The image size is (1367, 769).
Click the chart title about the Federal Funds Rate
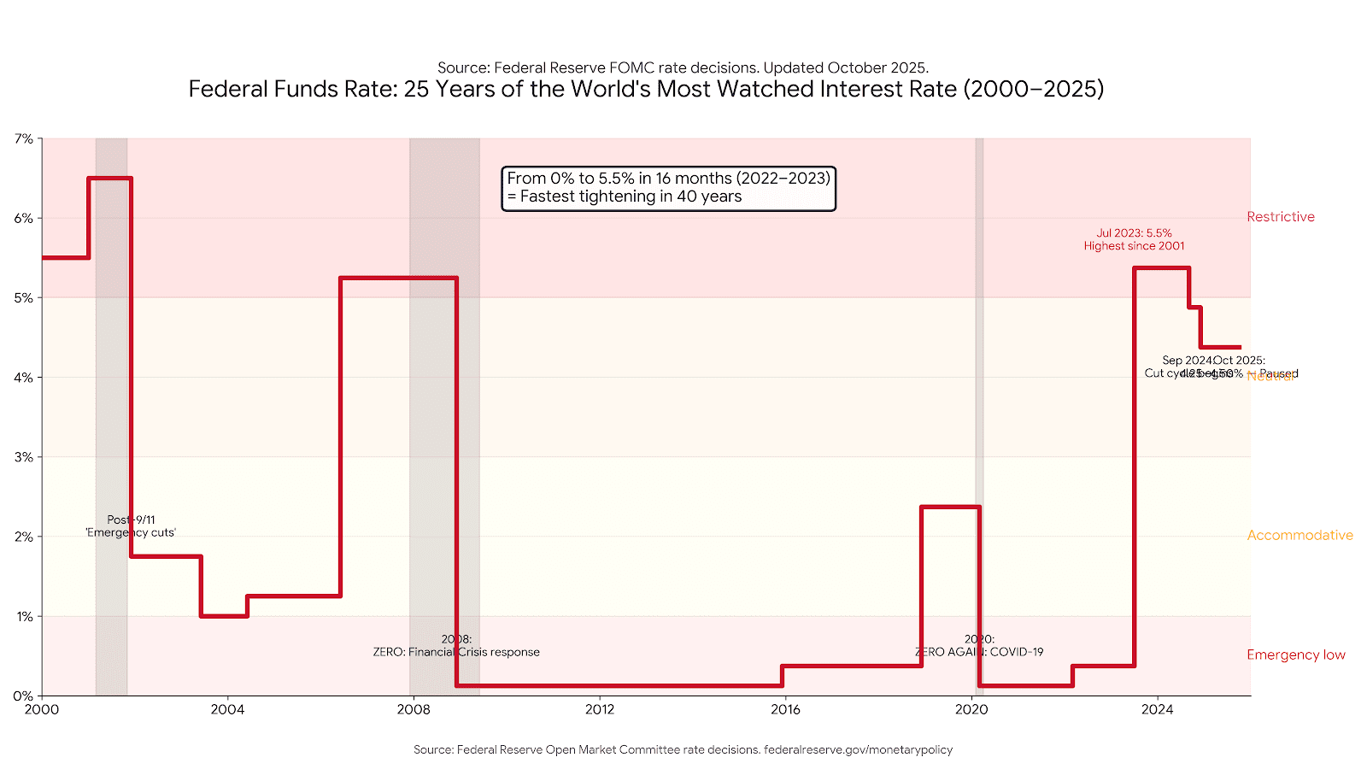pos(646,89)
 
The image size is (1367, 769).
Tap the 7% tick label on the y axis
pos(23,138)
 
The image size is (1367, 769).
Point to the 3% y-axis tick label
pos(23,457)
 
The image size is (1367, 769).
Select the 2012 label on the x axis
pos(600,709)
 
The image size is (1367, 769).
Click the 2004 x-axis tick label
pos(227,709)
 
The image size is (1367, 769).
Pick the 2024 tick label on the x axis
pos(1157,709)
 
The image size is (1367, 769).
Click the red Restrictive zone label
pos(1280,217)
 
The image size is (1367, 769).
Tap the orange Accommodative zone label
pos(1300,535)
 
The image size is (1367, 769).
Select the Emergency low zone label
pos(1295,655)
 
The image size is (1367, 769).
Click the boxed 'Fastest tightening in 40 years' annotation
pos(668,188)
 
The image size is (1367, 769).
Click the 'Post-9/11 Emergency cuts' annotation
pos(131,526)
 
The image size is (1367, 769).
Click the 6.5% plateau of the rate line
pos(109,179)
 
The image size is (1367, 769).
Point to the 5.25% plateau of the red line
pos(398,278)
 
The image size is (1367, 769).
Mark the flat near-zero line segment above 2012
pos(600,685)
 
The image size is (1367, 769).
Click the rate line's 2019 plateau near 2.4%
pos(950,508)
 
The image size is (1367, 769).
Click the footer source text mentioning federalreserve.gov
pos(683,749)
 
